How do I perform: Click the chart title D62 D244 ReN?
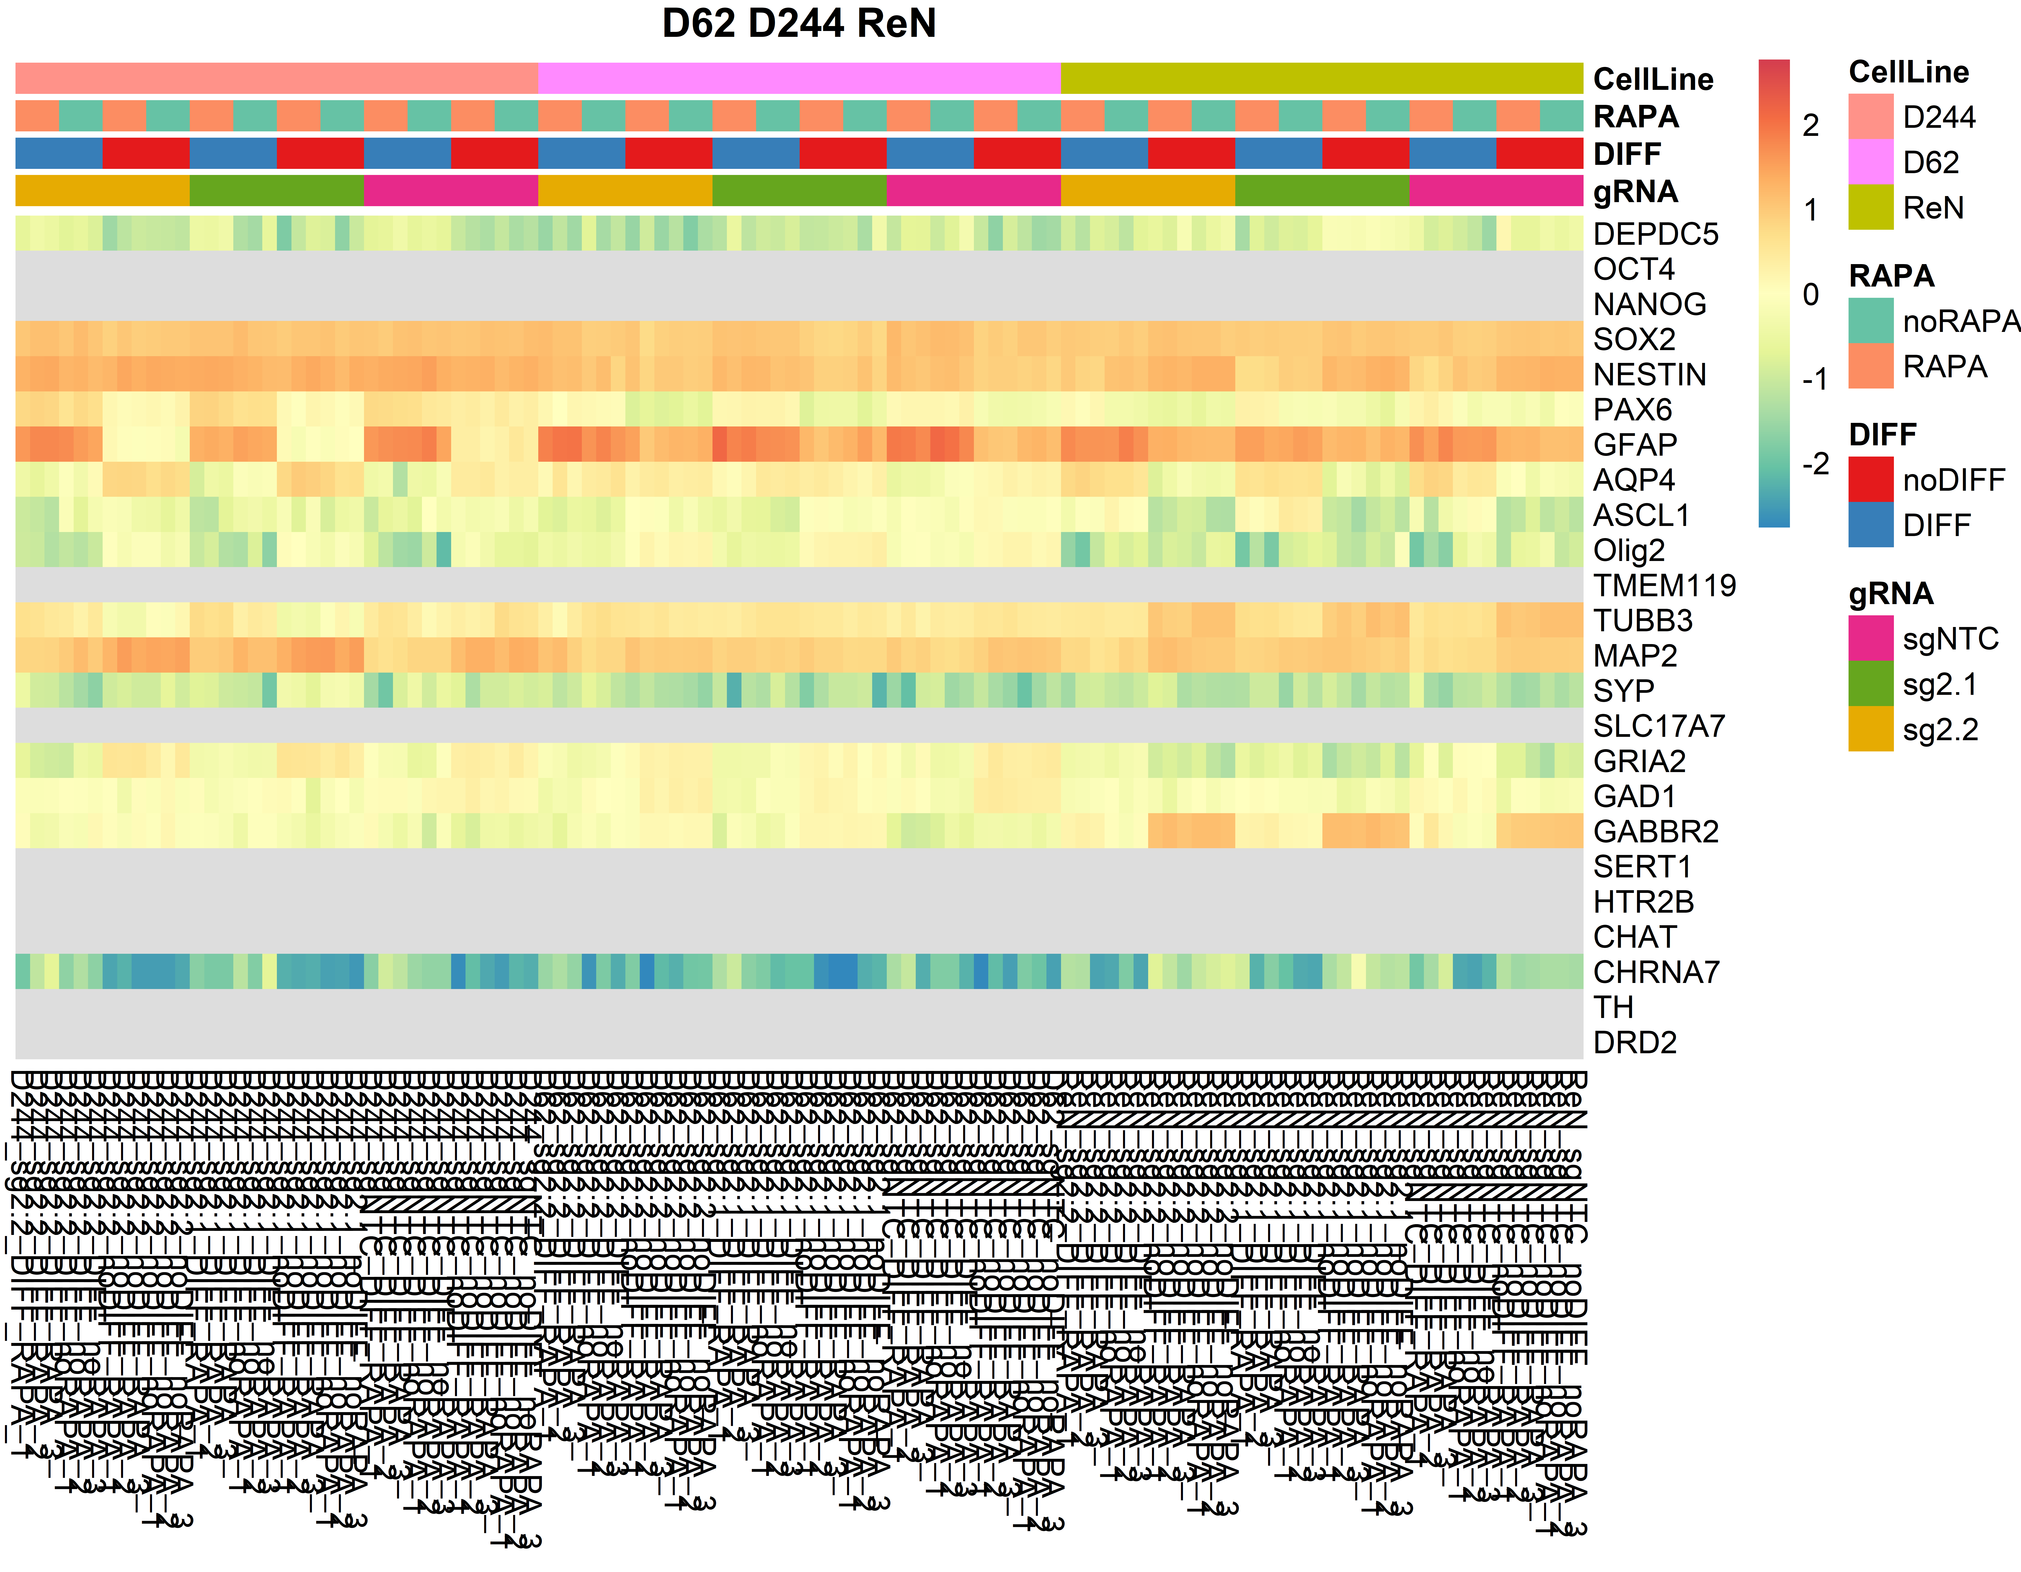pyautogui.click(x=799, y=23)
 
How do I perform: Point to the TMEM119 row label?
pyautogui.click(x=1664, y=586)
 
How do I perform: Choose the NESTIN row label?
pyautogui.click(x=1649, y=375)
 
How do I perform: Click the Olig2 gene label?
pyautogui.click(x=1629, y=550)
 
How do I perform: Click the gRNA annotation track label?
pyautogui.click(x=1635, y=192)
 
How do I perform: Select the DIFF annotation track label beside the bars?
pyautogui.click(x=1627, y=154)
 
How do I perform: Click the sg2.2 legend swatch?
pyautogui.click(x=1870, y=729)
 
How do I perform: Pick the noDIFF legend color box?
pyautogui.click(x=1870, y=479)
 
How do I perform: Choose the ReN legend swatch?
pyautogui.click(x=1870, y=207)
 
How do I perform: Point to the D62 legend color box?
pyautogui.click(x=1870, y=162)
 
